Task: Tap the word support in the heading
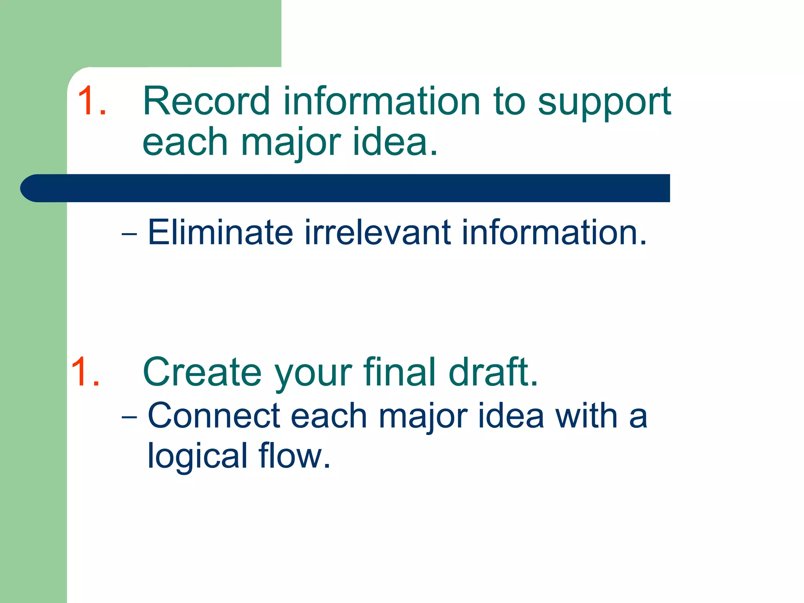pos(604,103)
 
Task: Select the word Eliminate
pos(220,232)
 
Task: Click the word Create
pos(202,372)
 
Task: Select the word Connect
pos(214,416)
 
